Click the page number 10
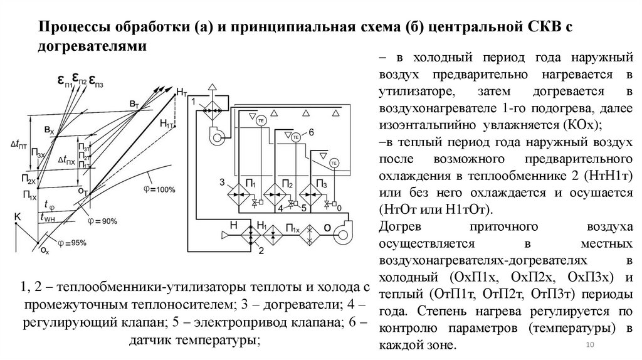pyautogui.click(x=589, y=347)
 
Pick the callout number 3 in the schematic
pyautogui.click(x=221, y=182)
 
